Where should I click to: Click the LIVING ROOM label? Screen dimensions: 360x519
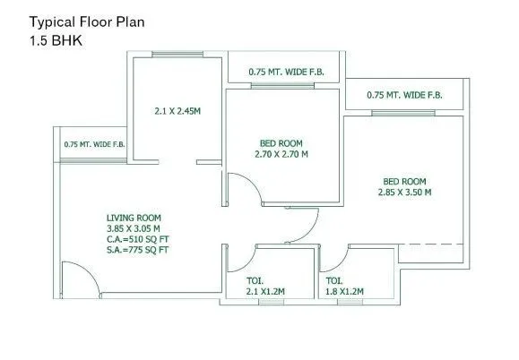pos(134,218)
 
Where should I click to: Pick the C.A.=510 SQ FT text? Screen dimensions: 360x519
pos(138,239)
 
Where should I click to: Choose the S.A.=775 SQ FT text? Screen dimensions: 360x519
pos(137,250)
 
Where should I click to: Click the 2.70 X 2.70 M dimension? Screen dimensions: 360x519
pos(281,154)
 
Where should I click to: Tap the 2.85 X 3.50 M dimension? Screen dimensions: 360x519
pos(404,191)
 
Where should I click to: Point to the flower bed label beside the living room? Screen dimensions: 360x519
pos(93,143)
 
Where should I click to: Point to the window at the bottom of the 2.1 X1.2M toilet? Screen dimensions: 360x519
pos(269,302)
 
